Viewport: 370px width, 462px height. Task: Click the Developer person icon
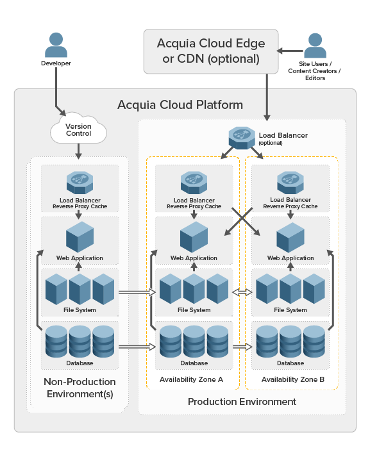[x=56, y=44]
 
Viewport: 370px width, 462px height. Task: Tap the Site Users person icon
[x=314, y=45]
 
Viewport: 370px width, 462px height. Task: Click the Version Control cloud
[x=79, y=130]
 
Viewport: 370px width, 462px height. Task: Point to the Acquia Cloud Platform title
[x=180, y=104]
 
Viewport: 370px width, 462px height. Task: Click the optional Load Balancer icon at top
[x=242, y=136]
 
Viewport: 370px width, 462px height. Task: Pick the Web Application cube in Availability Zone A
[x=194, y=238]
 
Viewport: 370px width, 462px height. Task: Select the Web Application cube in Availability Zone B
[x=290, y=238]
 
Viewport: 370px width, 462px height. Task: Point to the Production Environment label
[x=242, y=402]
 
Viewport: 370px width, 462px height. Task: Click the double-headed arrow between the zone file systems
[x=242, y=292]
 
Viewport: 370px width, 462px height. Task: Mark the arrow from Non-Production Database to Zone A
[x=138, y=347]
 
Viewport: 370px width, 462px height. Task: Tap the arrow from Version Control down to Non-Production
[x=78, y=151]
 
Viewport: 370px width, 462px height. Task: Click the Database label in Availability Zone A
[x=194, y=363]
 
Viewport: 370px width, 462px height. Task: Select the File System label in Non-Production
[x=80, y=310]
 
